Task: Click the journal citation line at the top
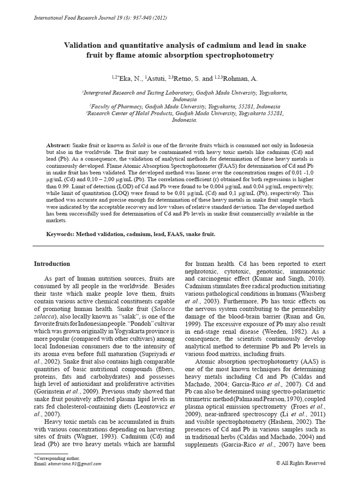98,18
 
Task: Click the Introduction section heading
52,264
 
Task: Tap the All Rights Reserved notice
301,463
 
